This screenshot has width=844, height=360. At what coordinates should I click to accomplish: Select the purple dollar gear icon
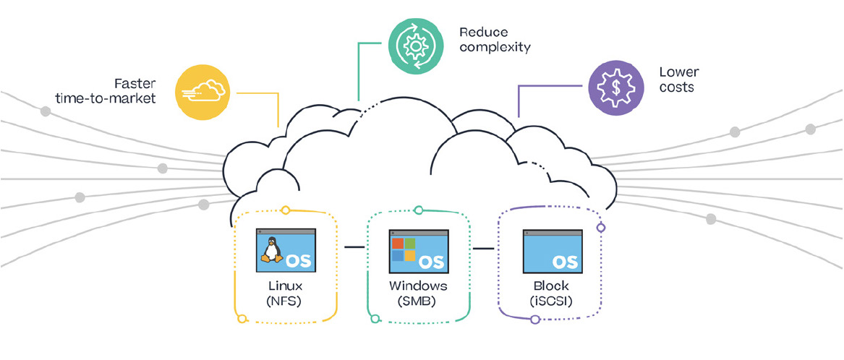[615, 87]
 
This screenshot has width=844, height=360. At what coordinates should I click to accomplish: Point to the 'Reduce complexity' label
[495, 40]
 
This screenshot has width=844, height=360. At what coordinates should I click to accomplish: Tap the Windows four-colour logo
[403, 249]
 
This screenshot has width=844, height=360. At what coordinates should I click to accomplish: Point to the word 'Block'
[551, 287]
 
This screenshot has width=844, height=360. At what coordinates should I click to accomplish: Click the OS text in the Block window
[565, 261]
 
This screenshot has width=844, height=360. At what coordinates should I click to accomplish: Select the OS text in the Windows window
[432, 261]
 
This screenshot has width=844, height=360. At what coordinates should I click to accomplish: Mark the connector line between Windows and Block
[483, 249]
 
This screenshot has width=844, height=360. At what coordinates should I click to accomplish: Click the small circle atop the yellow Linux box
[286, 210]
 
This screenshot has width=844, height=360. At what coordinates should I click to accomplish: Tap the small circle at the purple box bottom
[535, 318]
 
